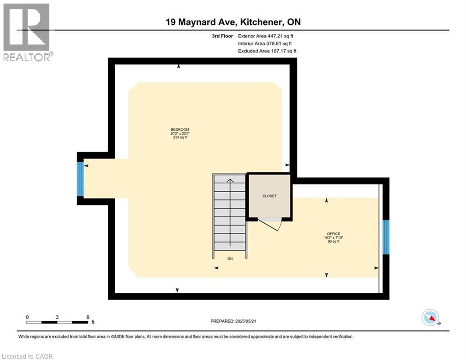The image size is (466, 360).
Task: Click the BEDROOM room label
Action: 180,129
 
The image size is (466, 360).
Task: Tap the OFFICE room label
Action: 333,233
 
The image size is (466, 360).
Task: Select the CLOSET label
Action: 269,196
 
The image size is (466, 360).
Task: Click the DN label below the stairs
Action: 230,258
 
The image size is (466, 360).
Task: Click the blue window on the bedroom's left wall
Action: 80,178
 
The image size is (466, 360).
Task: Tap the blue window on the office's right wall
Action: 386,237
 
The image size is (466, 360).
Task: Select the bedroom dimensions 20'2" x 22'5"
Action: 180,134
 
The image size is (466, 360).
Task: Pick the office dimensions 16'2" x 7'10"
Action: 333,238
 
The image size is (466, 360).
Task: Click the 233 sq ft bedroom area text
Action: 180,138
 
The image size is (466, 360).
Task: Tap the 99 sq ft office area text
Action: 333,242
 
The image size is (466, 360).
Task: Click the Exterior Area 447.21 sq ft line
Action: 266,36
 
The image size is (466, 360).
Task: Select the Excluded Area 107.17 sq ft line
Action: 267,51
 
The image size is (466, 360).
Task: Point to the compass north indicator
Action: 430,318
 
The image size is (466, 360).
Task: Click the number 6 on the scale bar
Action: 88,317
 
